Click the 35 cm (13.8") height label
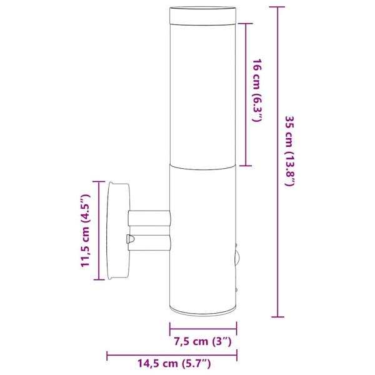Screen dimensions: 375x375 pos(289,152)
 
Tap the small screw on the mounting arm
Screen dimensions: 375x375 pos(129,238)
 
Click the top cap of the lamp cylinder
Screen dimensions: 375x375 pos(203,14)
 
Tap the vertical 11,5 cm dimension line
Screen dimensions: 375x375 pos(99,231)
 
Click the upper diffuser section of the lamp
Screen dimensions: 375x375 pos(203,94)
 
